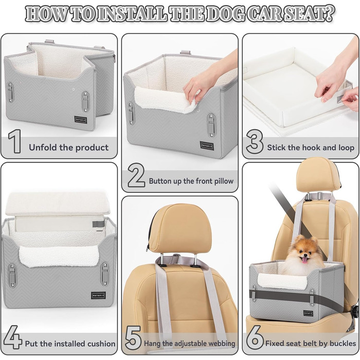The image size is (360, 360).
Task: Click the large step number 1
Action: click(15, 141)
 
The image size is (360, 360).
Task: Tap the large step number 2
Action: click(136, 175)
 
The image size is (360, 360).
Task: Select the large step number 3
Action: click(255, 141)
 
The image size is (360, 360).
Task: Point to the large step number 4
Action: click(13, 337)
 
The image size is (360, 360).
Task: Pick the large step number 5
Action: click(133, 337)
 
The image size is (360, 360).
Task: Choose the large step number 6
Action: click(255, 337)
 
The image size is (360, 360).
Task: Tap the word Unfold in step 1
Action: click(43, 148)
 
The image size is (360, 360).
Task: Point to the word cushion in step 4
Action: click(101, 344)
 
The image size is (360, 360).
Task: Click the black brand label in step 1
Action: click(81, 120)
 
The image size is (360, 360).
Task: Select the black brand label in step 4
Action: click(99, 295)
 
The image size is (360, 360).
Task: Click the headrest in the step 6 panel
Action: click(317, 175)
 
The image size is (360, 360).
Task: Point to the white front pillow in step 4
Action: click(59, 256)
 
